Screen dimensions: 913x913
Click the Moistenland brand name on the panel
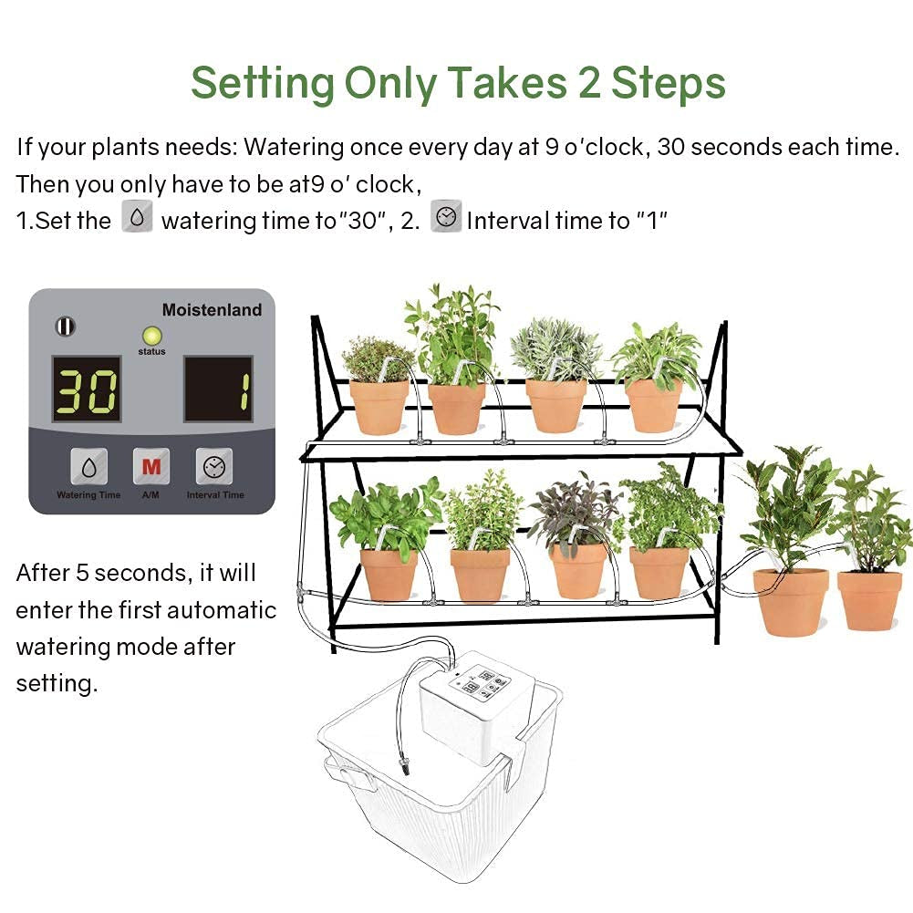pyautogui.click(x=212, y=310)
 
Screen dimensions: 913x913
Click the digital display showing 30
pyautogui.click(x=87, y=389)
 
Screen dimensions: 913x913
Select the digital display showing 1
pyautogui.click(x=219, y=389)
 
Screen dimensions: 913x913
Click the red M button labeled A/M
pyautogui.click(x=150, y=467)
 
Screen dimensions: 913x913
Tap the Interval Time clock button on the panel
pyautogui.click(x=213, y=467)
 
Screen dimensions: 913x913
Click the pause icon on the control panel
pyautogui.click(x=65, y=326)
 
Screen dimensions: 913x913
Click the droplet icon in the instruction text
pyautogui.click(x=137, y=219)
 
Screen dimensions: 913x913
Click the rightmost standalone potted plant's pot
pyautogui.click(x=869, y=600)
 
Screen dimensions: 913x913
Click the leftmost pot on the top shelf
pyautogui.click(x=379, y=407)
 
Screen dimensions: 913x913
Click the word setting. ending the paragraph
pyautogui.click(x=57, y=683)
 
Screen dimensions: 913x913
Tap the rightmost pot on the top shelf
pyautogui.click(x=654, y=405)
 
